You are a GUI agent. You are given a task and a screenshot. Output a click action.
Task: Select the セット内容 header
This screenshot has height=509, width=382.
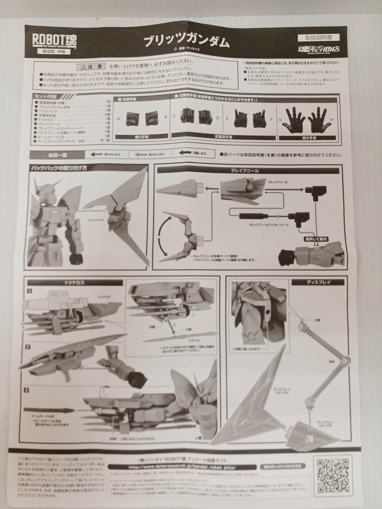(46, 97)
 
